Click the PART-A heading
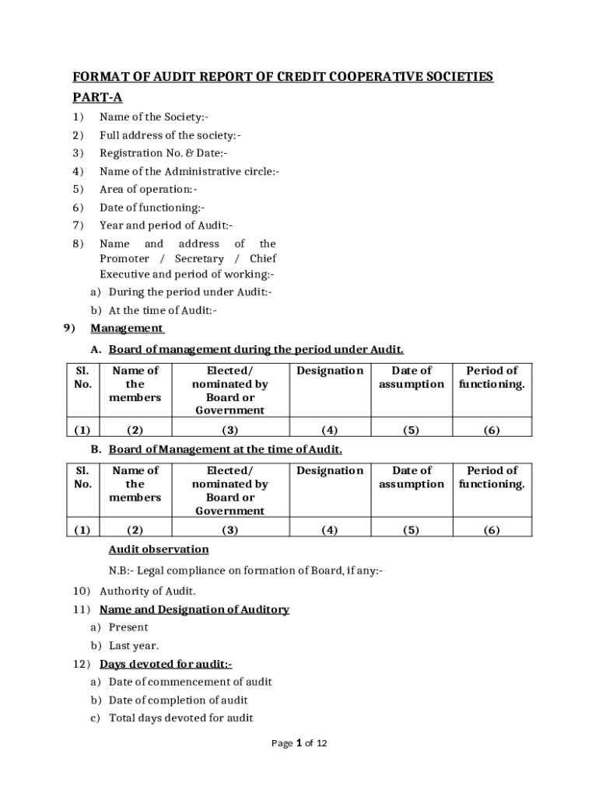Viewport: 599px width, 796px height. click(97, 97)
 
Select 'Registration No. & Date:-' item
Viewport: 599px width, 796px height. click(163, 154)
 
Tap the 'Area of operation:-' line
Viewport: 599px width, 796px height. click(149, 190)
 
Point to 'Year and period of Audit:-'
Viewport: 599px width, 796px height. click(166, 225)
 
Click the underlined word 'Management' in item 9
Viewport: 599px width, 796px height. click(127, 328)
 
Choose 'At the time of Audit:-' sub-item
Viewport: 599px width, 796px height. click(163, 310)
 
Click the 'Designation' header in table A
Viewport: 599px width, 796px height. click(330, 371)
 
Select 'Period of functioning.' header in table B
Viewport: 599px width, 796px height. click(492, 477)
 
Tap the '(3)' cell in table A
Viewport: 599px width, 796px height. click(229, 430)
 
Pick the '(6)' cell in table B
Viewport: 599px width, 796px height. click(492, 530)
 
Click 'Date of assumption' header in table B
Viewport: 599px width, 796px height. click(412, 477)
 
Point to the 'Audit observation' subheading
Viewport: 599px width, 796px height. click(159, 550)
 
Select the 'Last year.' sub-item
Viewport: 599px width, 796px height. click(134, 646)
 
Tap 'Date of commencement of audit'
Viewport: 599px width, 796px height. click(190, 682)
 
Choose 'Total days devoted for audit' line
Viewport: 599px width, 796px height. click(180, 718)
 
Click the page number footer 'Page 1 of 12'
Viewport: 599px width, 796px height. click(299, 743)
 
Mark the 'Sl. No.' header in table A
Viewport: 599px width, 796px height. click(82, 377)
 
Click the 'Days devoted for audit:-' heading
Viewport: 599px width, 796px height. click(166, 664)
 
